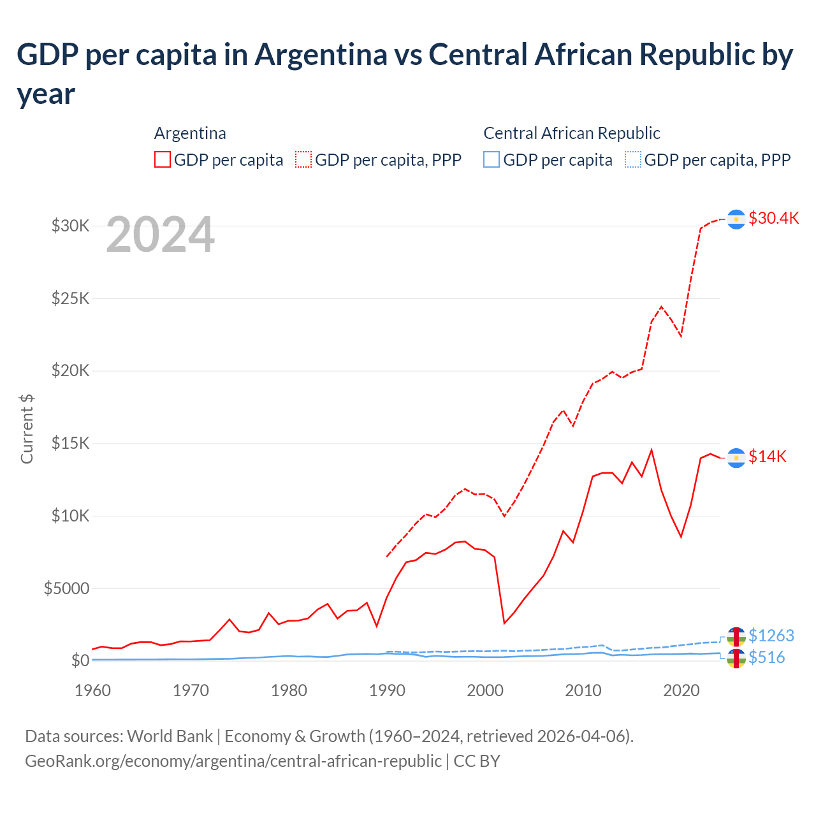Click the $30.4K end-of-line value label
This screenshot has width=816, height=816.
[773, 218]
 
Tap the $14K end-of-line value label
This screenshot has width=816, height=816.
[768, 456]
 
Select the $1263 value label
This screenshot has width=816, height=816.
[771, 636]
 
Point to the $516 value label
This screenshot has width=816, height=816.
[767, 657]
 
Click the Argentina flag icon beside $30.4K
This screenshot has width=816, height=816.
[736, 219]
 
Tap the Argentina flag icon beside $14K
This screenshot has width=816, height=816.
[736, 458]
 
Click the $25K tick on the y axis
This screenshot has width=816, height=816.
[70, 298]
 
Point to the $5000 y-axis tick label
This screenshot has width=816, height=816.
[66, 588]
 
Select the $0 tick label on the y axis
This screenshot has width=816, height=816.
[80, 661]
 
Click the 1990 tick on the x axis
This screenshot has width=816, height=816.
[387, 690]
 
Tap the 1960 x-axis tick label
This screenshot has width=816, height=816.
[93, 690]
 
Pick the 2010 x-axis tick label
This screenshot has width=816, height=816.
[583, 690]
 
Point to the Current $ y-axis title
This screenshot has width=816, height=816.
[27, 428]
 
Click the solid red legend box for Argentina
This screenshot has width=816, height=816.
[163, 159]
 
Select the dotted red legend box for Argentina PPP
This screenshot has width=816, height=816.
[303, 159]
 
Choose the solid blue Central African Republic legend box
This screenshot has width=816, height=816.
[492, 159]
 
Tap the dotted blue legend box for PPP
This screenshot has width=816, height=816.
[632, 159]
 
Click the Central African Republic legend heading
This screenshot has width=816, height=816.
[571, 133]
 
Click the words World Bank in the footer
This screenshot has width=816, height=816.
[170, 736]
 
